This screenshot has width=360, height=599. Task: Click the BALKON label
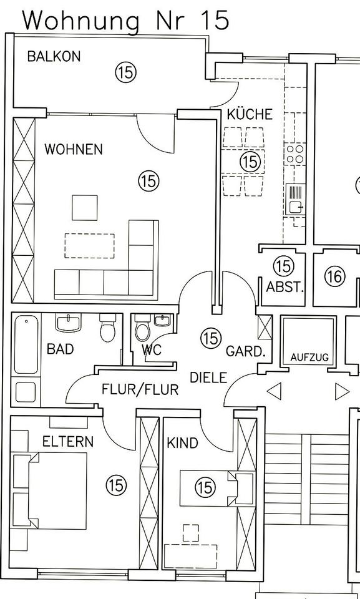pyautogui.click(x=54, y=57)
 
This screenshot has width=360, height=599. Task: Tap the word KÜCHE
pyautogui.click(x=250, y=114)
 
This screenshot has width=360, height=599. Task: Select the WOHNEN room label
pyautogui.click(x=74, y=149)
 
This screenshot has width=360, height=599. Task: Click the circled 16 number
pyautogui.click(x=335, y=276)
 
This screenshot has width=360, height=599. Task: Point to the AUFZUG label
pyautogui.click(x=309, y=358)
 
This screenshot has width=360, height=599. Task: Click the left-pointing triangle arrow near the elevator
pyautogui.click(x=274, y=391)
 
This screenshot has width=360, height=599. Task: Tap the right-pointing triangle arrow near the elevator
pyautogui.click(x=342, y=391)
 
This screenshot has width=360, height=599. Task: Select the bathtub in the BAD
pyautogui.click(x=26, y=344)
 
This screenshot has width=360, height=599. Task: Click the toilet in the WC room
pyautogui.click(x=143, y=328)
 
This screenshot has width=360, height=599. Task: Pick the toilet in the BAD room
pyautogui.click(x=107, y=328)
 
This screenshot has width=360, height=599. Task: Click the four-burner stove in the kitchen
pyautogui.click(x=295, y=154)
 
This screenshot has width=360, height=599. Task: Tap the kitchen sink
pyautogui.click(x=295, y=200)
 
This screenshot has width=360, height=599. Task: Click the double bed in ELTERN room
pyautogui.click(x=50, y=491)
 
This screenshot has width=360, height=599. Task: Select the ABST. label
pyautogui.click(x=285, y=287)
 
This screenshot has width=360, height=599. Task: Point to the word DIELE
pyautogui.click(x=208, y=378)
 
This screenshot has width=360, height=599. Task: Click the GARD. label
pyautogui.click(x=245, y=351)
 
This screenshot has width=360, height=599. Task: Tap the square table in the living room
pyautogui.click(x=84, y=208)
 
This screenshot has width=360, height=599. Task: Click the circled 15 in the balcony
pyautogui.click(x=126, y=72)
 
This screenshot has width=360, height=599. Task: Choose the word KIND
pyautogui.click(x=182, y=443)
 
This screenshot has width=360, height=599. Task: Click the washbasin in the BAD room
pyautogui.click(x=69, y=323)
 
